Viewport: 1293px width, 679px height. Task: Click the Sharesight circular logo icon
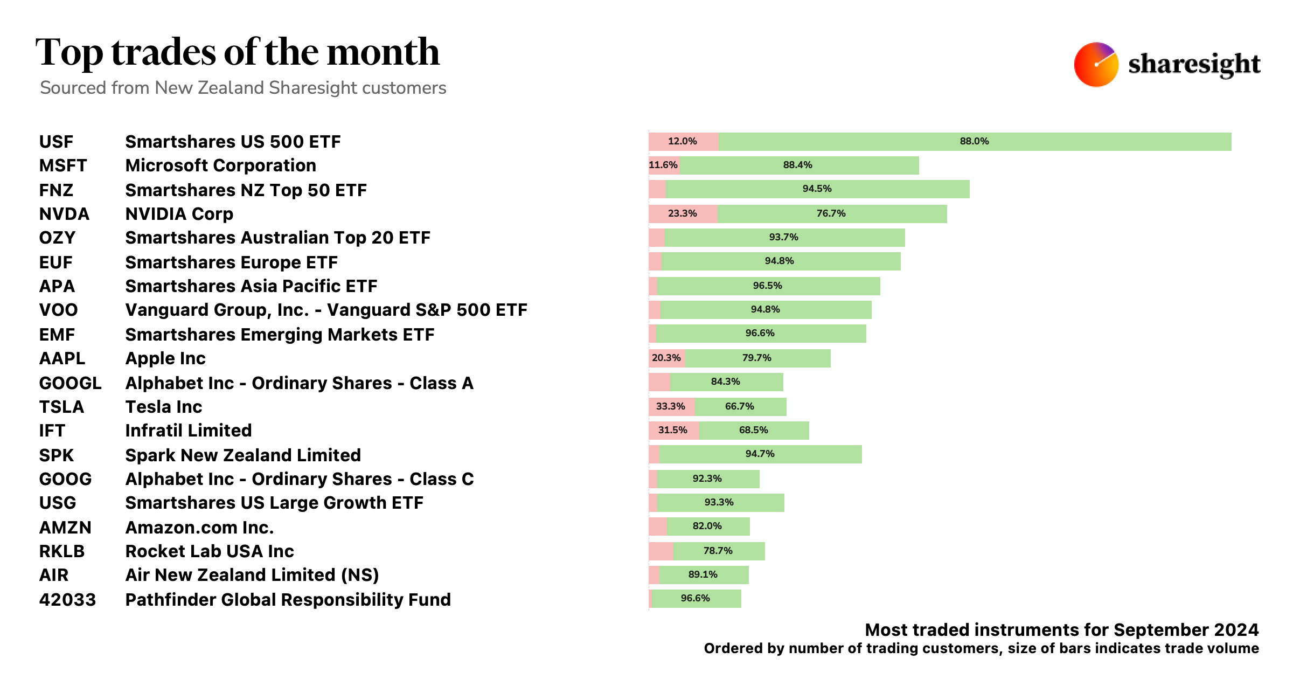[1096, 64]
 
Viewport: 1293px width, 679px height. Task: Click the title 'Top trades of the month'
[238, 52]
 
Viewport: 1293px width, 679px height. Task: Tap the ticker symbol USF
[56, 142]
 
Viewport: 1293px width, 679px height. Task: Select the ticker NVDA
[64, 214]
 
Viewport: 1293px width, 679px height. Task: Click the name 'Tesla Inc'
[163, 407]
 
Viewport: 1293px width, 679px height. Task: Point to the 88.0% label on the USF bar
[974, 141]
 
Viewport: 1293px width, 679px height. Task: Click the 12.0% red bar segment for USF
[683, 141]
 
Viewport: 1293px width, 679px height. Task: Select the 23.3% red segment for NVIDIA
[683, 213]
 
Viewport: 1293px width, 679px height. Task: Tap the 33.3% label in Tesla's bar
[670, 406]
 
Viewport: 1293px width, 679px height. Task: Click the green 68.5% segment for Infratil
[754, 430]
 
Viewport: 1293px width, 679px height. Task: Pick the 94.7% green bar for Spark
[760, 454]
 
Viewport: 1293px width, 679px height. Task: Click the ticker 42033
[67, 600]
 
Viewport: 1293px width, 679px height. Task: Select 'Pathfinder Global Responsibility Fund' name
[288, 600]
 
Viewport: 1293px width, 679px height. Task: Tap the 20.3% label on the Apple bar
[666, 358]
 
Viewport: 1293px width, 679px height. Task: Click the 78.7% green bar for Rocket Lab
[718, 551]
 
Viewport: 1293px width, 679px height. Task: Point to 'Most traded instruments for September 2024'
[1061, 630]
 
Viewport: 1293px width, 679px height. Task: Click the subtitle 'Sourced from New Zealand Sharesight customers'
[243, 88]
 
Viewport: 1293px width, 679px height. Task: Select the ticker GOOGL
[70, 383]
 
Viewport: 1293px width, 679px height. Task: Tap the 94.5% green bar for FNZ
[817, 189]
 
